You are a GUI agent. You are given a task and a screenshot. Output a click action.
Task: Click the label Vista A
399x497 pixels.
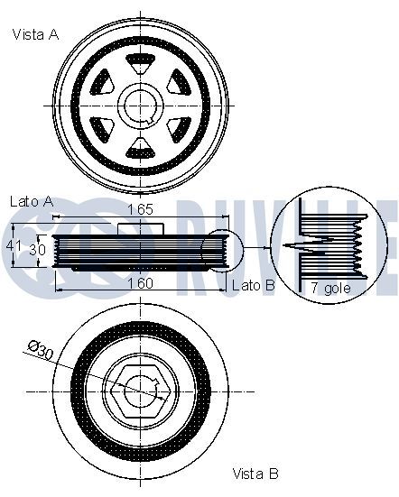[x=36, y=34]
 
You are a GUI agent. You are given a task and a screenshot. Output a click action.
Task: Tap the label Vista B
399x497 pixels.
[x=255, y=474]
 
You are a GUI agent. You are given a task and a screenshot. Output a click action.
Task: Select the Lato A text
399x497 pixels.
[x=32, y=201]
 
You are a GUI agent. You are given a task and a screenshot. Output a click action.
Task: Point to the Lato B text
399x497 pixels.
[x=254, y=286]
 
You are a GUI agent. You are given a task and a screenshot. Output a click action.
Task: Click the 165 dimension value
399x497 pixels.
[x=140, y=209]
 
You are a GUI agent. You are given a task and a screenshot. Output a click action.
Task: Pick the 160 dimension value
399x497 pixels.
[x=140, y=283]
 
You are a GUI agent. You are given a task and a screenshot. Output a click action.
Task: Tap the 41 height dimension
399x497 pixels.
[x=14, y=245]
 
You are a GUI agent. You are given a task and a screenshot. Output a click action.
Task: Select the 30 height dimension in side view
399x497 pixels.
[x=37, y=250]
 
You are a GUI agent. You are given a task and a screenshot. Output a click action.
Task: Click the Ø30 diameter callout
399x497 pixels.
[x=41, y=350]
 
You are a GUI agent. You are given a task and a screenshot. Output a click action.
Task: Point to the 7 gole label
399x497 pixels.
[x=330, y=288]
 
